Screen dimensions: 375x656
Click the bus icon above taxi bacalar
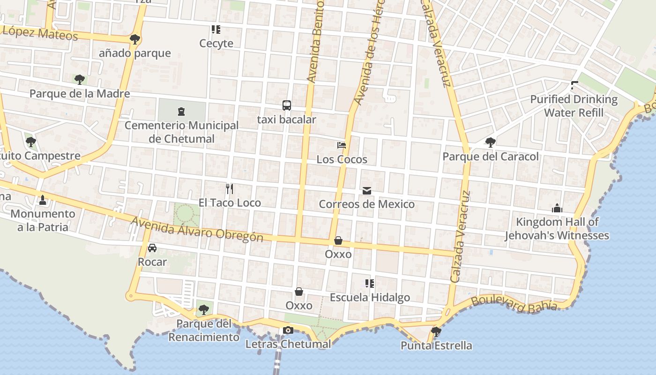(x=287, y=105)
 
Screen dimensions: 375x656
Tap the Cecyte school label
(x=216, y=44)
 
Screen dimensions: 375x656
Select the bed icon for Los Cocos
(x=342, y=145)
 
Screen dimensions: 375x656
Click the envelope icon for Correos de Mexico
(x=366, y=190)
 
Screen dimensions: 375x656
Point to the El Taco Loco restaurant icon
(x=229, y=189)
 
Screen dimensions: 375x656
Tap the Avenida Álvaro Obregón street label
(x=197, y=229)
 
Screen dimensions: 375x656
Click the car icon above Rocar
(x=152, y=248)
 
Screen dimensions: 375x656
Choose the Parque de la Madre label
(x=80, y=94)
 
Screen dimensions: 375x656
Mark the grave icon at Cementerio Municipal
(x=181, y=112)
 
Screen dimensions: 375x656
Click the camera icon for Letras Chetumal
(x=288, y=330)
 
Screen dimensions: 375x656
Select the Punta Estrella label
(x=436, y=346)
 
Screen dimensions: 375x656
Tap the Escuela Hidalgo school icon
(x=370, y=283)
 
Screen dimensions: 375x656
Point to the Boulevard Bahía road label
(x=514, y=304)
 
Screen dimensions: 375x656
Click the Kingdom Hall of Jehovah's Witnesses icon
(x=557, y=208)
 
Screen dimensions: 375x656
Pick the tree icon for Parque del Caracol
(x=491, y=142)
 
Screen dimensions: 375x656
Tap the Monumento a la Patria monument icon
(x=43, y=200)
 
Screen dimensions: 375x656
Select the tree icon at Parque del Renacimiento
(x=203, y=309)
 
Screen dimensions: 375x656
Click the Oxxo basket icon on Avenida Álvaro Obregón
(x=338, y=240)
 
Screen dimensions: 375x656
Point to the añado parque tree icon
(x=135, y=39)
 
